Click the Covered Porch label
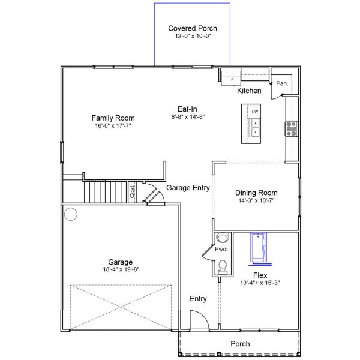193,28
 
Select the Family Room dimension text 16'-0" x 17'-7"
113,125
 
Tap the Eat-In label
187,109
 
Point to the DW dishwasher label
255,112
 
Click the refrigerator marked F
231,78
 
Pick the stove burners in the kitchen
292,129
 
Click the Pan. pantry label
282,83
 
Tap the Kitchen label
249,91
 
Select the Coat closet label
132,191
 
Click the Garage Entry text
188,188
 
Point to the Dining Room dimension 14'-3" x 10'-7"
256,200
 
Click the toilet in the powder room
222,267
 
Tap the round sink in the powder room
223,238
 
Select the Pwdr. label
222,249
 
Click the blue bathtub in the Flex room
259,247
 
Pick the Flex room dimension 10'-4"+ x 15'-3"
260,283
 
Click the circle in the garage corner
71,214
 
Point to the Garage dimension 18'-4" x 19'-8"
121,269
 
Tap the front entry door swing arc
204,316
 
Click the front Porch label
240,344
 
